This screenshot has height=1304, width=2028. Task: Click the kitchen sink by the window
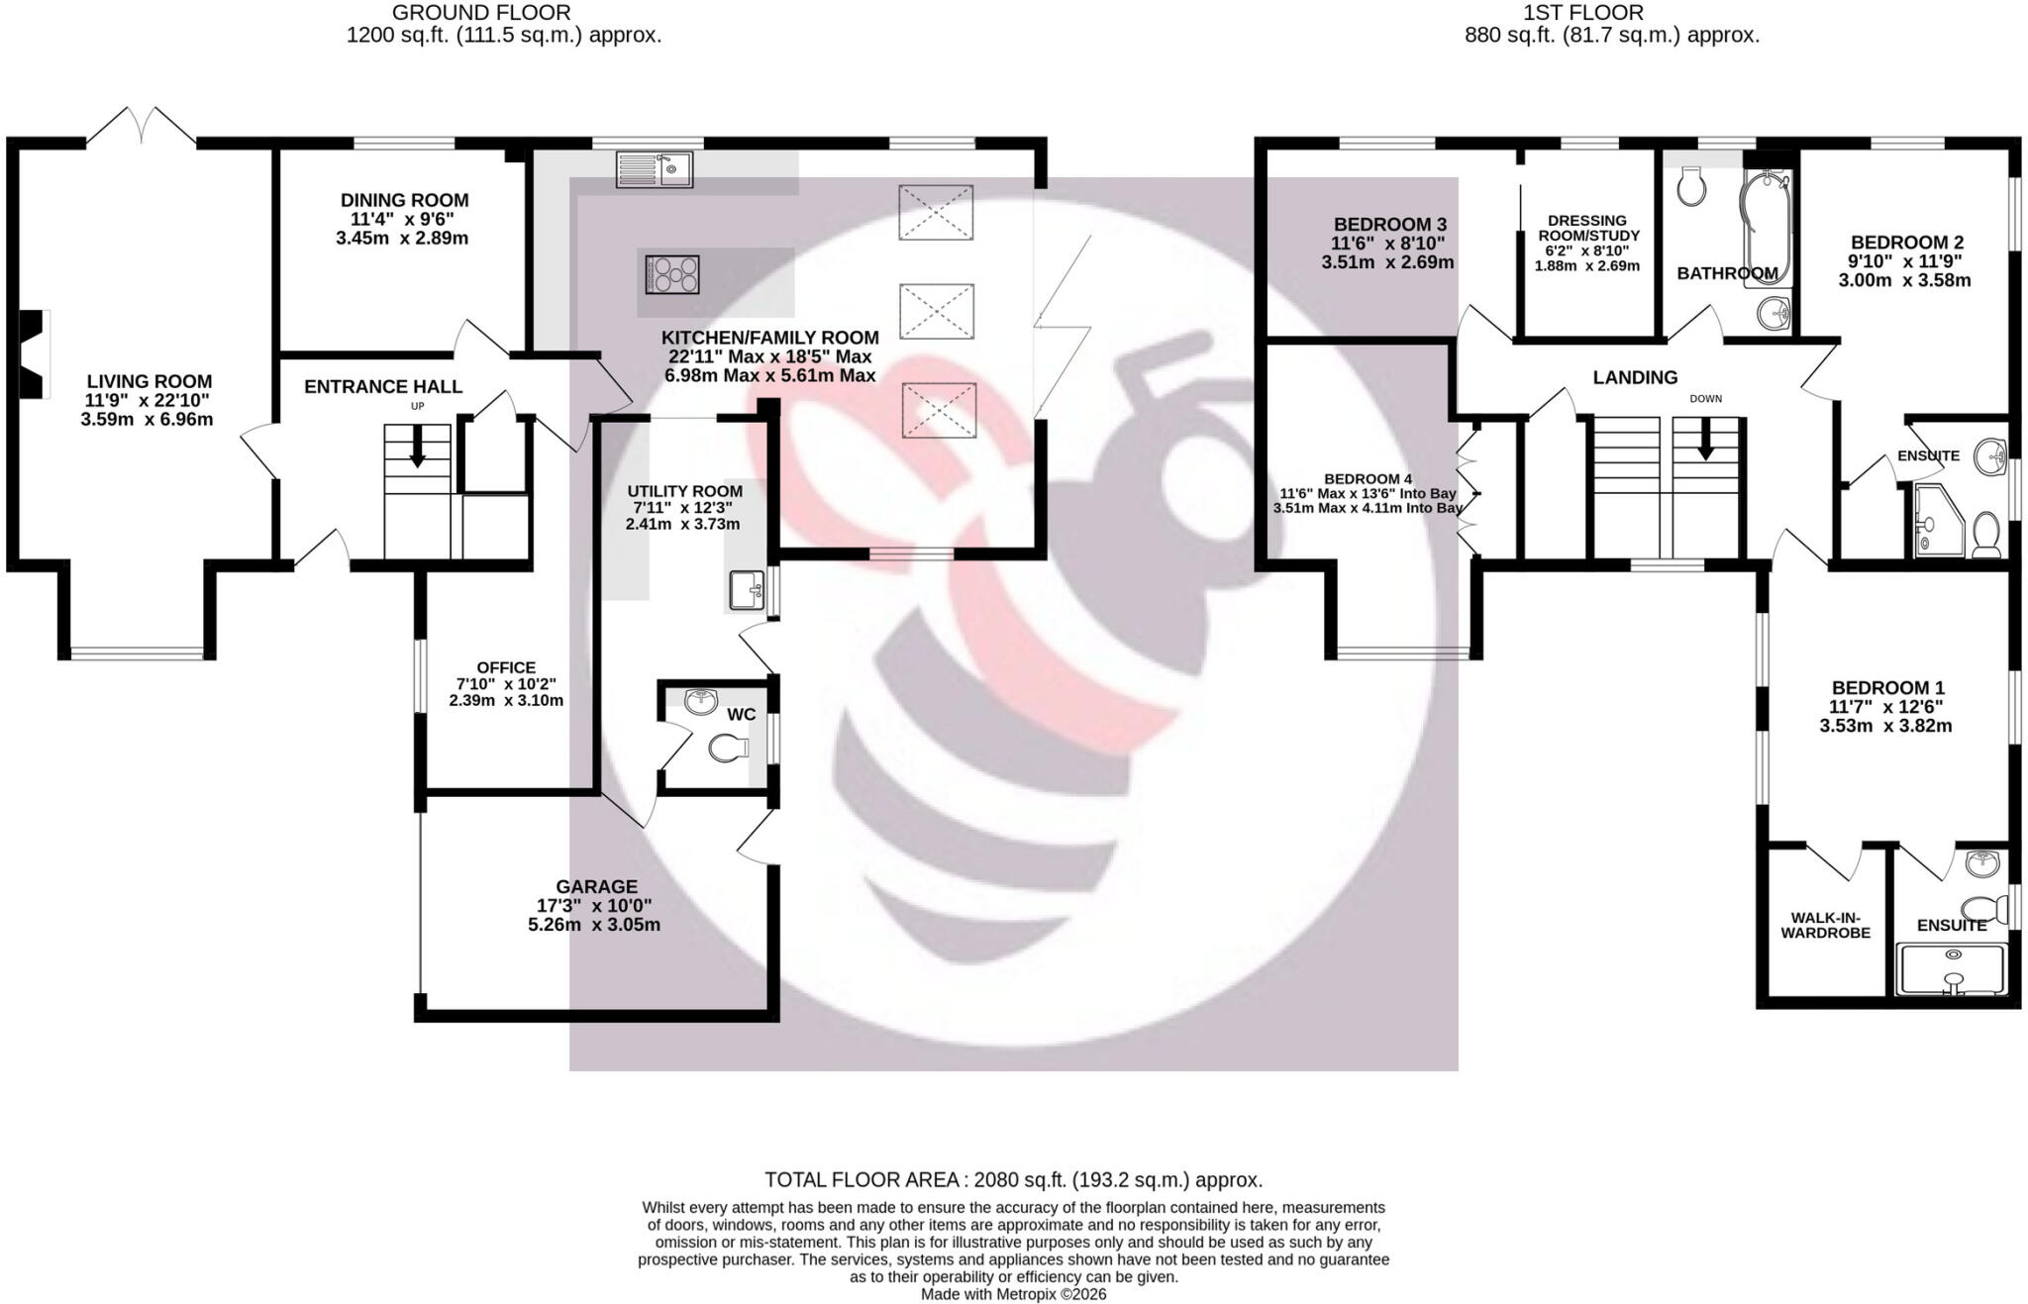coord(654,169)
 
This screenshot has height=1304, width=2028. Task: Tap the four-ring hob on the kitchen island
coord(672,274)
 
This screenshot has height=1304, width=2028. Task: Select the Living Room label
coord(150,381)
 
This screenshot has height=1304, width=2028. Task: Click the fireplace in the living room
coord(35,353)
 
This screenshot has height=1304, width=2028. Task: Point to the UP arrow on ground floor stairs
coord(417,447)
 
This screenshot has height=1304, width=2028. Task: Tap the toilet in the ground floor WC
coord(729,749)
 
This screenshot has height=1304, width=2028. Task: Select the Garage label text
coord(597,886)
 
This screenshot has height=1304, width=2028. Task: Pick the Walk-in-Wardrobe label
coord(1826,925)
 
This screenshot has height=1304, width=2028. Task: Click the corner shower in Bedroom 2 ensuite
coord(1937,521)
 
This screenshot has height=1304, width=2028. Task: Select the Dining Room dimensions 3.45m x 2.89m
coord(402,239)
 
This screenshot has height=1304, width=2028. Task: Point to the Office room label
coord(506,667)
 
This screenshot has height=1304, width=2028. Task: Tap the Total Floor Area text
coord(1014,1180)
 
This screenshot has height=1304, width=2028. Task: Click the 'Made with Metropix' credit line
coord(1014,1294)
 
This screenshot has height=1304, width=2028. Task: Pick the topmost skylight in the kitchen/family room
coord(936,212)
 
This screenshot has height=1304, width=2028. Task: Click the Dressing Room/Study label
coord(1587,228)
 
